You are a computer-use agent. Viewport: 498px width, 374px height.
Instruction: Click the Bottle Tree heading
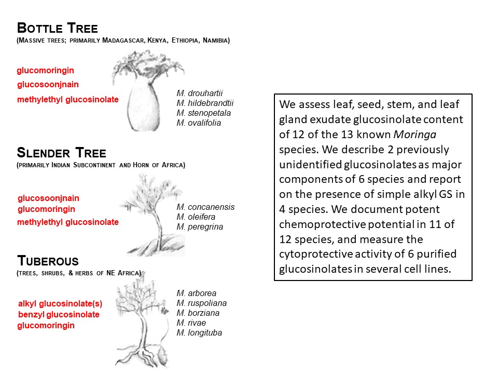[57, 28]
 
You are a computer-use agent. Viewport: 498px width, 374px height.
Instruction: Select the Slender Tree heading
[61, 153]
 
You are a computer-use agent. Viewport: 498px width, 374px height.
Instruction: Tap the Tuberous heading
[47, 260]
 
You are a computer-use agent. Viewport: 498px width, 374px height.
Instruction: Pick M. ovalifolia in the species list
[199, 123]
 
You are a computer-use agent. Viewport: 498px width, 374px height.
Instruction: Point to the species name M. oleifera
[197, 217]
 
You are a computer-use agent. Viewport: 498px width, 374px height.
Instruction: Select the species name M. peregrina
[200, 227]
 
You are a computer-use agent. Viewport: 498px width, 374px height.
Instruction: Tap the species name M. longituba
[199, 333]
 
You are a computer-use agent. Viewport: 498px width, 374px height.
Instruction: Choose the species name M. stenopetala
[203, 113]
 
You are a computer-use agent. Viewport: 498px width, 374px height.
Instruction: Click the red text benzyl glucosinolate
[59, 315]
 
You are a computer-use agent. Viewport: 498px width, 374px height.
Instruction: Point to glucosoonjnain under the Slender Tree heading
[48, 198]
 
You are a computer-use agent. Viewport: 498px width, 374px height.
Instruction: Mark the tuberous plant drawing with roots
[143, 322]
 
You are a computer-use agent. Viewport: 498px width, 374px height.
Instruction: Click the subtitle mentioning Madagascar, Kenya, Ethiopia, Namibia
[123, 40]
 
